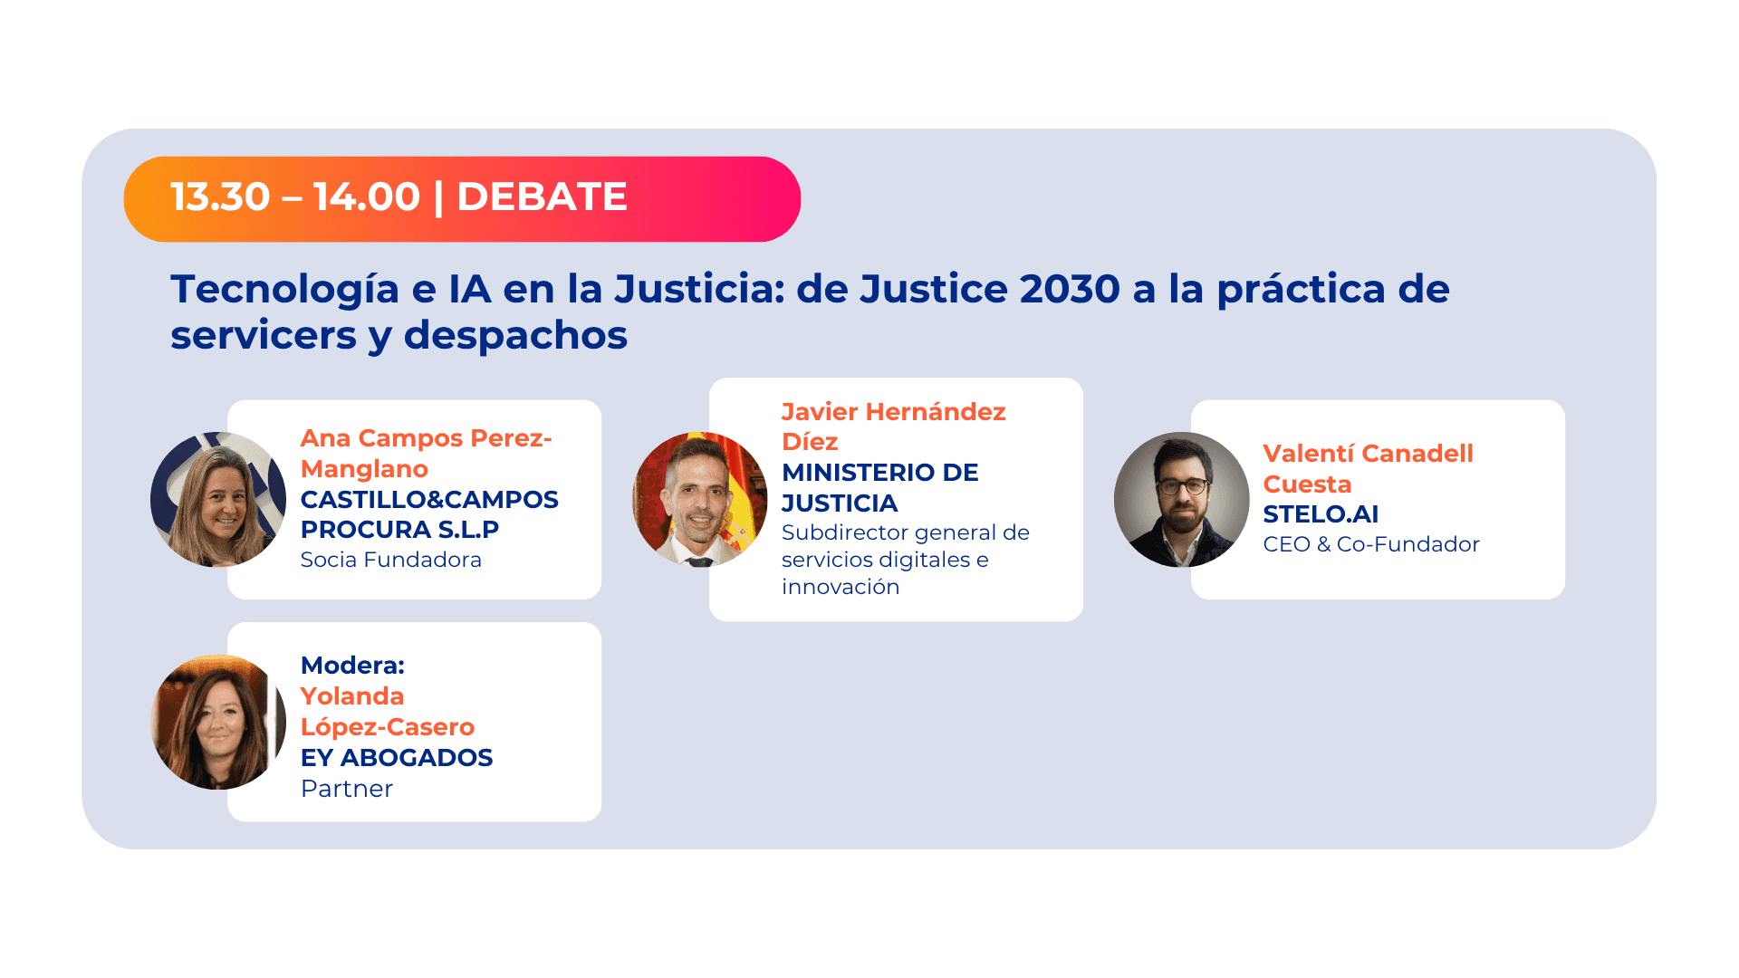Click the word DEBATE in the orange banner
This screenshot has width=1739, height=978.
(542, 197)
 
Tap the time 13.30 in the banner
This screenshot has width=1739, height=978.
(220, 197)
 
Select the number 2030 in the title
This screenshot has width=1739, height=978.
(1070, 290)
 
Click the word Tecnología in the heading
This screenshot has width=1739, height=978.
(284, 290)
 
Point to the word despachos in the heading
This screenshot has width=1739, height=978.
(515, 336)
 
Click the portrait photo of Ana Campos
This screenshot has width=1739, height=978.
(218, 499)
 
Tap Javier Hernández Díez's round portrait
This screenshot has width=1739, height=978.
(699, 499)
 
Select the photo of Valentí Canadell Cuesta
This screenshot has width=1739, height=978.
(1181, 499)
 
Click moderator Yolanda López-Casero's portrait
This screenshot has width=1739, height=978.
(218, 722)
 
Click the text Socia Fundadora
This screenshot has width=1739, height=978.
(390, 560)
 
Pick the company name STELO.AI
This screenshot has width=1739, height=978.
(1320, 514)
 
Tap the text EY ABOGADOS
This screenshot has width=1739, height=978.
(396, 758)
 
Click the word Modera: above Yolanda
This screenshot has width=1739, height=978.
(352, 666)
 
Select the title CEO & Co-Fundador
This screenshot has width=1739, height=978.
(1370, 544)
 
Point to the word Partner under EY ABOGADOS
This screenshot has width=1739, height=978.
(346, 789)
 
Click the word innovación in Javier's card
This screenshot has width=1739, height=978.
(840, 587)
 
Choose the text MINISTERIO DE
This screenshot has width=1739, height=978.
(879, 473)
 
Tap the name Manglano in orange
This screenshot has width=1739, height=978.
(364, 469)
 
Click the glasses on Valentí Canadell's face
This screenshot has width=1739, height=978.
(1182, 486)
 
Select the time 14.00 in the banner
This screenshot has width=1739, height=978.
(367, 197)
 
